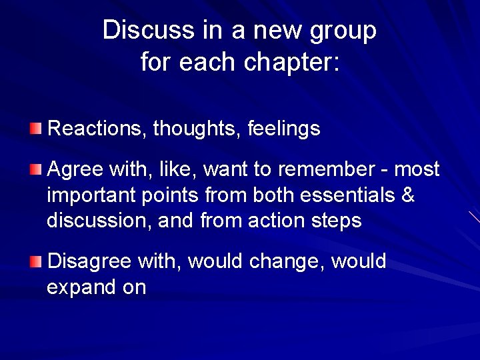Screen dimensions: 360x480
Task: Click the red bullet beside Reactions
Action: coord(35,127)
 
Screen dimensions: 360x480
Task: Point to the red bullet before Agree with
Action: coord(35,169)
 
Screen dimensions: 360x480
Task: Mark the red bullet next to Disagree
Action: coord(35,260)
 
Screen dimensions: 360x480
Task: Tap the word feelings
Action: coord(284,128)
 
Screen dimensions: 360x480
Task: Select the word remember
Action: coord(331,169)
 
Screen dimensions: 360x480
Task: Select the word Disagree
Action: coord(90,261)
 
